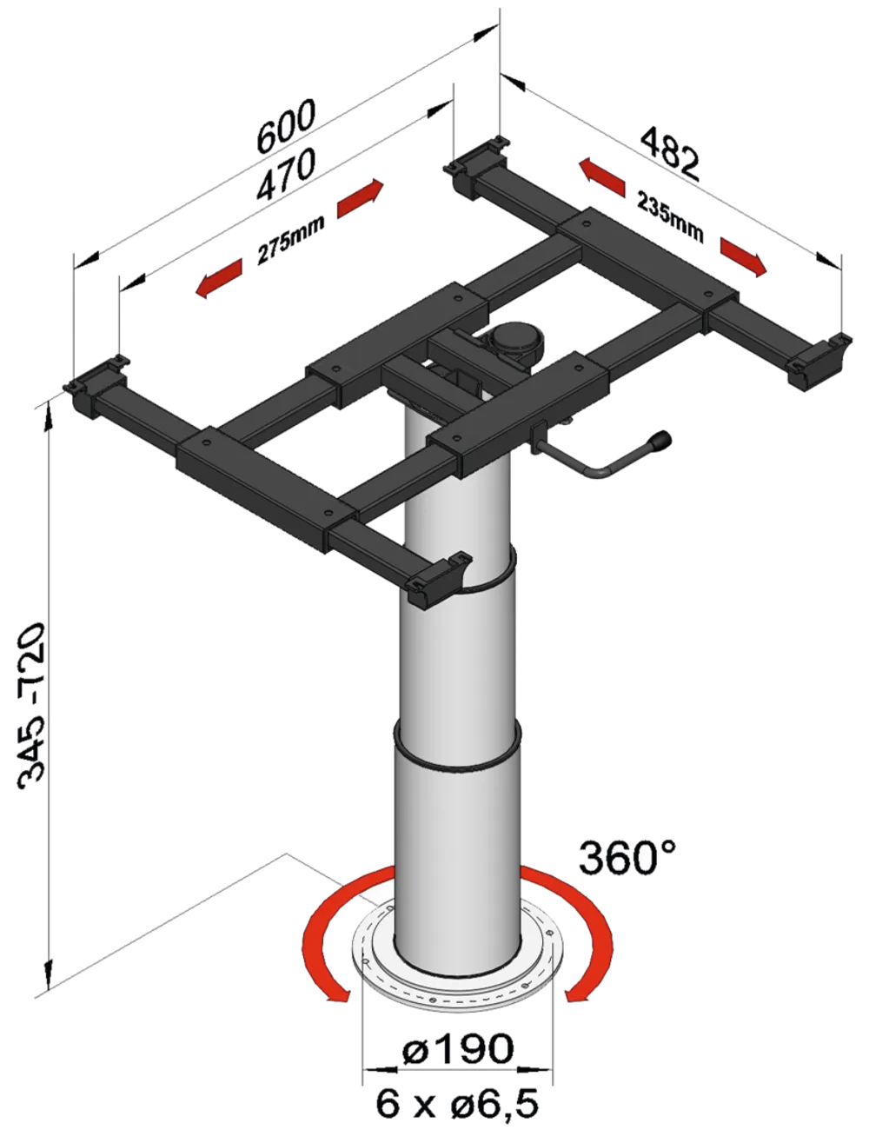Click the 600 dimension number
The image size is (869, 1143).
287,126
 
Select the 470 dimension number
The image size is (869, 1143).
287,174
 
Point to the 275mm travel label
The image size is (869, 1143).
291,239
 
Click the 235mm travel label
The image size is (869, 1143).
671,217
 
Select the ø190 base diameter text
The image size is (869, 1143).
458,1047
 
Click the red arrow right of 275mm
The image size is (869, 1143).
361,198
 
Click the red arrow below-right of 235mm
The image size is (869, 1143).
744,256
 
